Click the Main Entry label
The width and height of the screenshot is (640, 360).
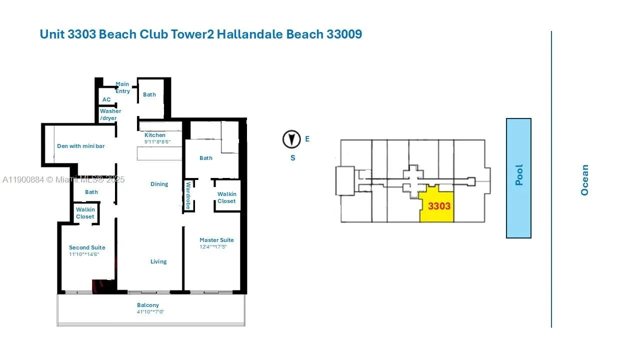point(122,87)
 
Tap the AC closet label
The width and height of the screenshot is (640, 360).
point(106,99)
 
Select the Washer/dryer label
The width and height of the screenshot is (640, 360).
point(110,114)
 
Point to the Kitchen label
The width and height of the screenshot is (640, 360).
point(155,135)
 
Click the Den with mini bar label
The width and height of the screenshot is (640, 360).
point(81,146)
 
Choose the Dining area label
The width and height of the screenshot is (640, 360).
point(159,184)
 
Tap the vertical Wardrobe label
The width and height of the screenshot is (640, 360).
point(188,195)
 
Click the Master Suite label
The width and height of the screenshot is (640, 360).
point(216,240)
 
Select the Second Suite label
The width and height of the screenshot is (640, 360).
point(87,247)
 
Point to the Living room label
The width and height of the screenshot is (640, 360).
point(158,261)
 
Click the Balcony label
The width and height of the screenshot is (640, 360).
point(148,305)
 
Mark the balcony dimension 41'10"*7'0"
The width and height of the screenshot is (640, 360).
point(150,312)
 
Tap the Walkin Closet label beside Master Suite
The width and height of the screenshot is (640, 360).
point(226,197)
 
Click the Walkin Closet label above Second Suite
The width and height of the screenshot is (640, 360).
point(85,213)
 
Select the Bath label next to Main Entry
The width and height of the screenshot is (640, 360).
point(149,94)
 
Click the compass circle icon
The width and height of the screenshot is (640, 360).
point(291,139)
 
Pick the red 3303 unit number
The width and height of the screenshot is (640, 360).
point(439,205)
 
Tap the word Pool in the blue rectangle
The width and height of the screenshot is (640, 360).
point(519,175)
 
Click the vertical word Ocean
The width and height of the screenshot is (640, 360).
point(584,180)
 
